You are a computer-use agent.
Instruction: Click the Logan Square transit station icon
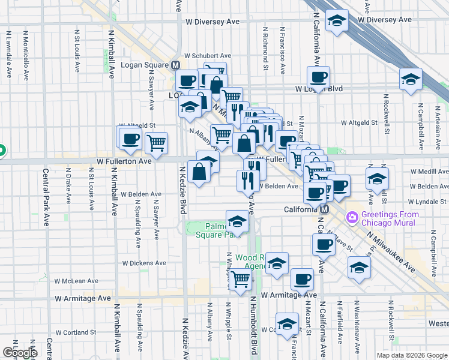point(175,65)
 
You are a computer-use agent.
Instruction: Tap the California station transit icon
point(324,209)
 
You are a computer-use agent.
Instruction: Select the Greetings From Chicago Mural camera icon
point(352,215)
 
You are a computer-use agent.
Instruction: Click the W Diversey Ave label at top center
point(212,21)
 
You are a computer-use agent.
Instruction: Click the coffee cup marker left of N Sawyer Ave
point(129,139)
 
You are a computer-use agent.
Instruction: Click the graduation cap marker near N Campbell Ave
point(411,79)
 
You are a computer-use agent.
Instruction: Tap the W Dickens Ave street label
point(144,263)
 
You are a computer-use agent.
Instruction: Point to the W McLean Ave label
point(76,281)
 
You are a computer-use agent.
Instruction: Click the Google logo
point(20,352)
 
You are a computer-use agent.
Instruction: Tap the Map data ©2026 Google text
point(411,355)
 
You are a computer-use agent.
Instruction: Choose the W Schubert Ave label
point(207,55)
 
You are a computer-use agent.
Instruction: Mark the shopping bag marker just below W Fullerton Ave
point(199,172)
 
